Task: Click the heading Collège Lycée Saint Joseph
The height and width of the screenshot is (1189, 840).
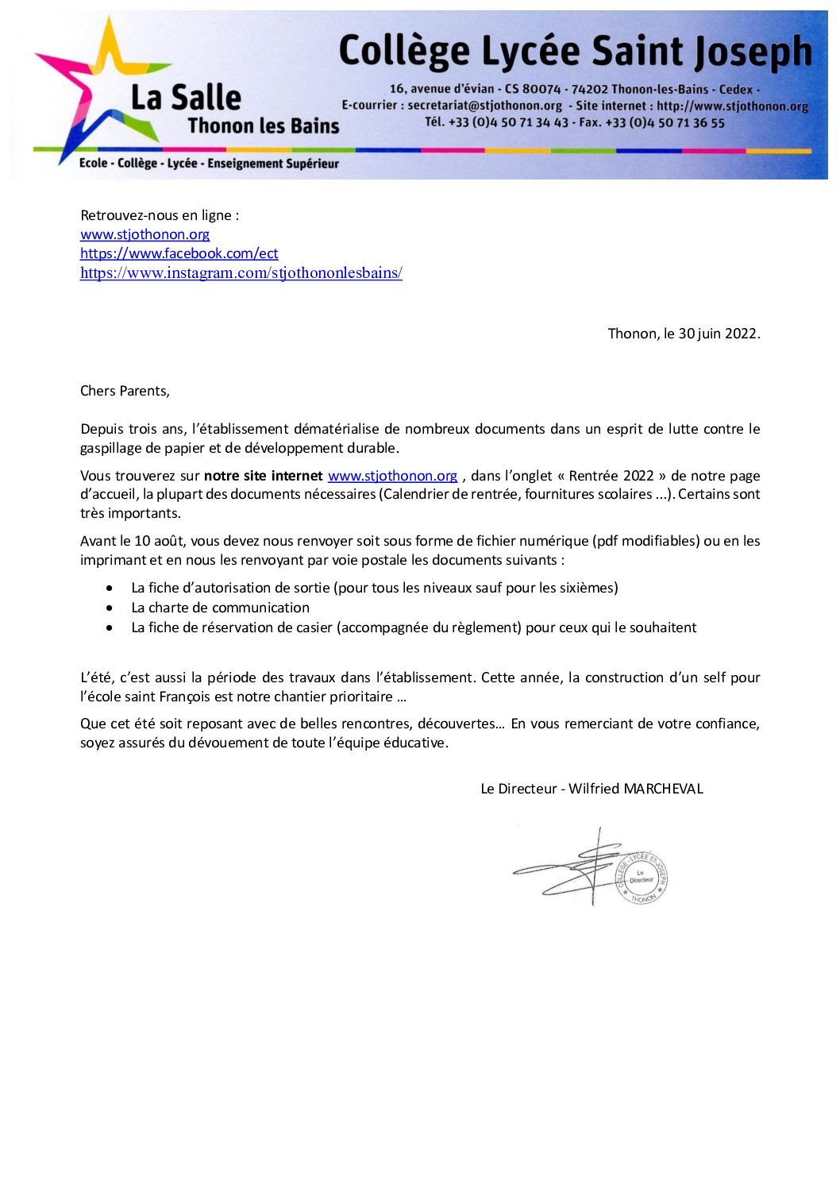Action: pos(575,52)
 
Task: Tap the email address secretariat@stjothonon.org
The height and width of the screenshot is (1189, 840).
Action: pos(484,106)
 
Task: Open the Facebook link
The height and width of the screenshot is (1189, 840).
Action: pos(179,253)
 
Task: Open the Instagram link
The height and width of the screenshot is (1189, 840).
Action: pos(241,273)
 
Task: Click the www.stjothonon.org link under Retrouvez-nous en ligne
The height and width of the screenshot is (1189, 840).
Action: pos(144,234)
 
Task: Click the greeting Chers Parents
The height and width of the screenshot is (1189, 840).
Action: pos(125,391)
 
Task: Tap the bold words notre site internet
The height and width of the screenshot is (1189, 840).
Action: pos(263,476)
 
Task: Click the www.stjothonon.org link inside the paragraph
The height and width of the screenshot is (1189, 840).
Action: pos(392,476)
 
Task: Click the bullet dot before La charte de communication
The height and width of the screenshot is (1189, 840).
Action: pos(110,608)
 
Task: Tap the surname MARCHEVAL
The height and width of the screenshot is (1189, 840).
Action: pos(663,789)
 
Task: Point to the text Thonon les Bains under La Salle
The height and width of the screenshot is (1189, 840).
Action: pos(264,126)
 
